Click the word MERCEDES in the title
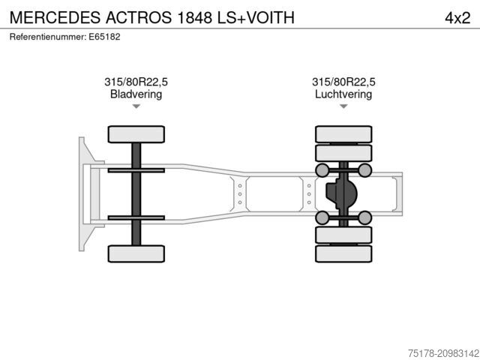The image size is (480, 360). point(55,17)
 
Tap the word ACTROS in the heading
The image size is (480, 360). point(139,17)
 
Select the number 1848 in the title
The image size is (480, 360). point(195,17)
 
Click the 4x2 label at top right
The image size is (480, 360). point(457,18)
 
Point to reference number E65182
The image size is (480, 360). point(104,37)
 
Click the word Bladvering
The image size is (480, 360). point(136,94)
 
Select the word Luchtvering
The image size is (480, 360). point(343,94)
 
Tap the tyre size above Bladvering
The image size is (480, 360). point(136,82)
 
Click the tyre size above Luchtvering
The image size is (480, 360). point(343,82)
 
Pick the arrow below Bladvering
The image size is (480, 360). point(136,106)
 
